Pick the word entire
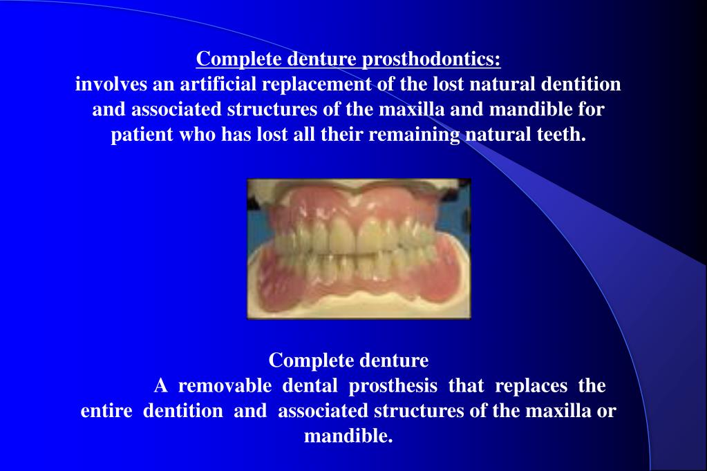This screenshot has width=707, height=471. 106,411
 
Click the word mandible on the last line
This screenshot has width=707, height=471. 348,436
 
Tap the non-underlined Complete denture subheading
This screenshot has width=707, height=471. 348,360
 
